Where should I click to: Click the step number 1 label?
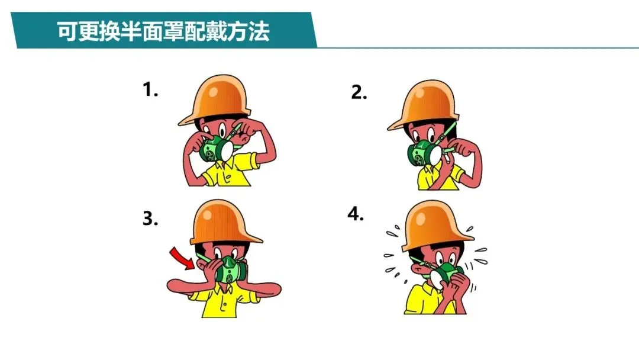point(150,89)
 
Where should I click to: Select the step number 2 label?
point(359,92)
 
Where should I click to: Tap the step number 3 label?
point(150,218)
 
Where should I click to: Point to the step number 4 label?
point(356,214)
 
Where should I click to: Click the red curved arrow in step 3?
point(182,258)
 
